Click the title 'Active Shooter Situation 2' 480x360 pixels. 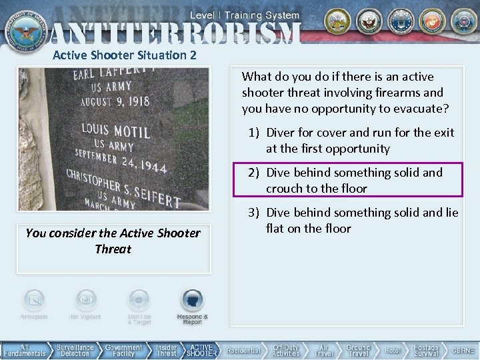tap(125, 55)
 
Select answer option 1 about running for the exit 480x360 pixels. tap(359, 140)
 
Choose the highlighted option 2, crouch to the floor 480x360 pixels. tap(354, 180)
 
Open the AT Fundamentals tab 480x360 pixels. tap(25, 350)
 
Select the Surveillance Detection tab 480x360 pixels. tap(75, 350)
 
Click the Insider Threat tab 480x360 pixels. tap(166, 350)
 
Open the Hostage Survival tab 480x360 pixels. tap(426, 350)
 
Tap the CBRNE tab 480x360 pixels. tap(463, 350)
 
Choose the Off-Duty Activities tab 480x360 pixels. tap(285, 350)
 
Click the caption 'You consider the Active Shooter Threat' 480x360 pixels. tap(113, 241)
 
